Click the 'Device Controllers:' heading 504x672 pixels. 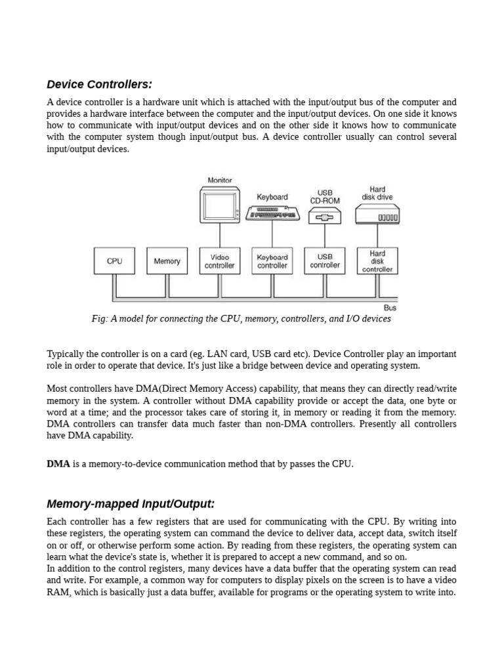[99, 85]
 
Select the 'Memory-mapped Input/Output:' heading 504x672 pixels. [131, 504]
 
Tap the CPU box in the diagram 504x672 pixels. [114, 261]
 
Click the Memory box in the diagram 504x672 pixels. [167, 261]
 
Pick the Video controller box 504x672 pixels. [219, 261]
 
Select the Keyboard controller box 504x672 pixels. [272, 261]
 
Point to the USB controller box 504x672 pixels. [325, 261]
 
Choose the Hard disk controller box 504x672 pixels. [377, 261]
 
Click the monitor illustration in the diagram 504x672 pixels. [219, 205]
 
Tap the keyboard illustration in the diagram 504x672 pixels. [272, 213]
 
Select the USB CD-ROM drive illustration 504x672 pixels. [325, 216]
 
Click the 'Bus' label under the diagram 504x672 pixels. [390, 307]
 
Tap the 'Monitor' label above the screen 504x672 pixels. [220, 180]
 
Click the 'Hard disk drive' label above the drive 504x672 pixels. [377, 193]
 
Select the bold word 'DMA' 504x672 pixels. [58, 464]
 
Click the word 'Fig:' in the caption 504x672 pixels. [100, 319]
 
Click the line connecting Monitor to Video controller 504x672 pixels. [220, 236]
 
